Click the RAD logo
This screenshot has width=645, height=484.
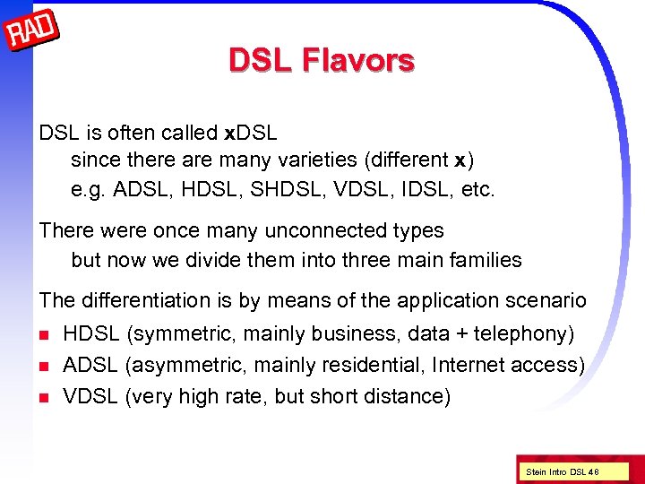[x=31, y=31]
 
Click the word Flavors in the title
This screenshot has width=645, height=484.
[x=357, y=60]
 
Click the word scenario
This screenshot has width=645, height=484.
[x=546, y=300]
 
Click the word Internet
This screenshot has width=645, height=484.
[x=467, y=366]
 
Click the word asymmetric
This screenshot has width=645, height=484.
[x=176, y=366]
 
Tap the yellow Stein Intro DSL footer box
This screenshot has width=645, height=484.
[x=563, y=471]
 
